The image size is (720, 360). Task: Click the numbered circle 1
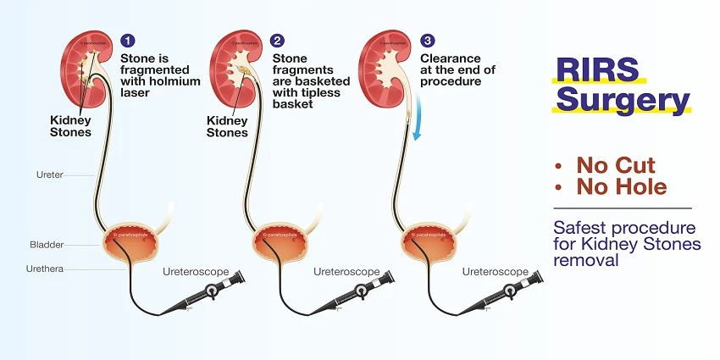(x=128, y=41)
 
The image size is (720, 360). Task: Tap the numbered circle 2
(x=278, y=41)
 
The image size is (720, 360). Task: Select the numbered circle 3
(x=427, y=41)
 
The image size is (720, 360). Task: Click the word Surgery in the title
(x=621, y=101)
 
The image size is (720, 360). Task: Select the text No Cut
(x=616, y=164)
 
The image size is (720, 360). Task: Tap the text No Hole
(x=622, y=186)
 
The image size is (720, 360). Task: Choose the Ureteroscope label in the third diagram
(x=496, y=272)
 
